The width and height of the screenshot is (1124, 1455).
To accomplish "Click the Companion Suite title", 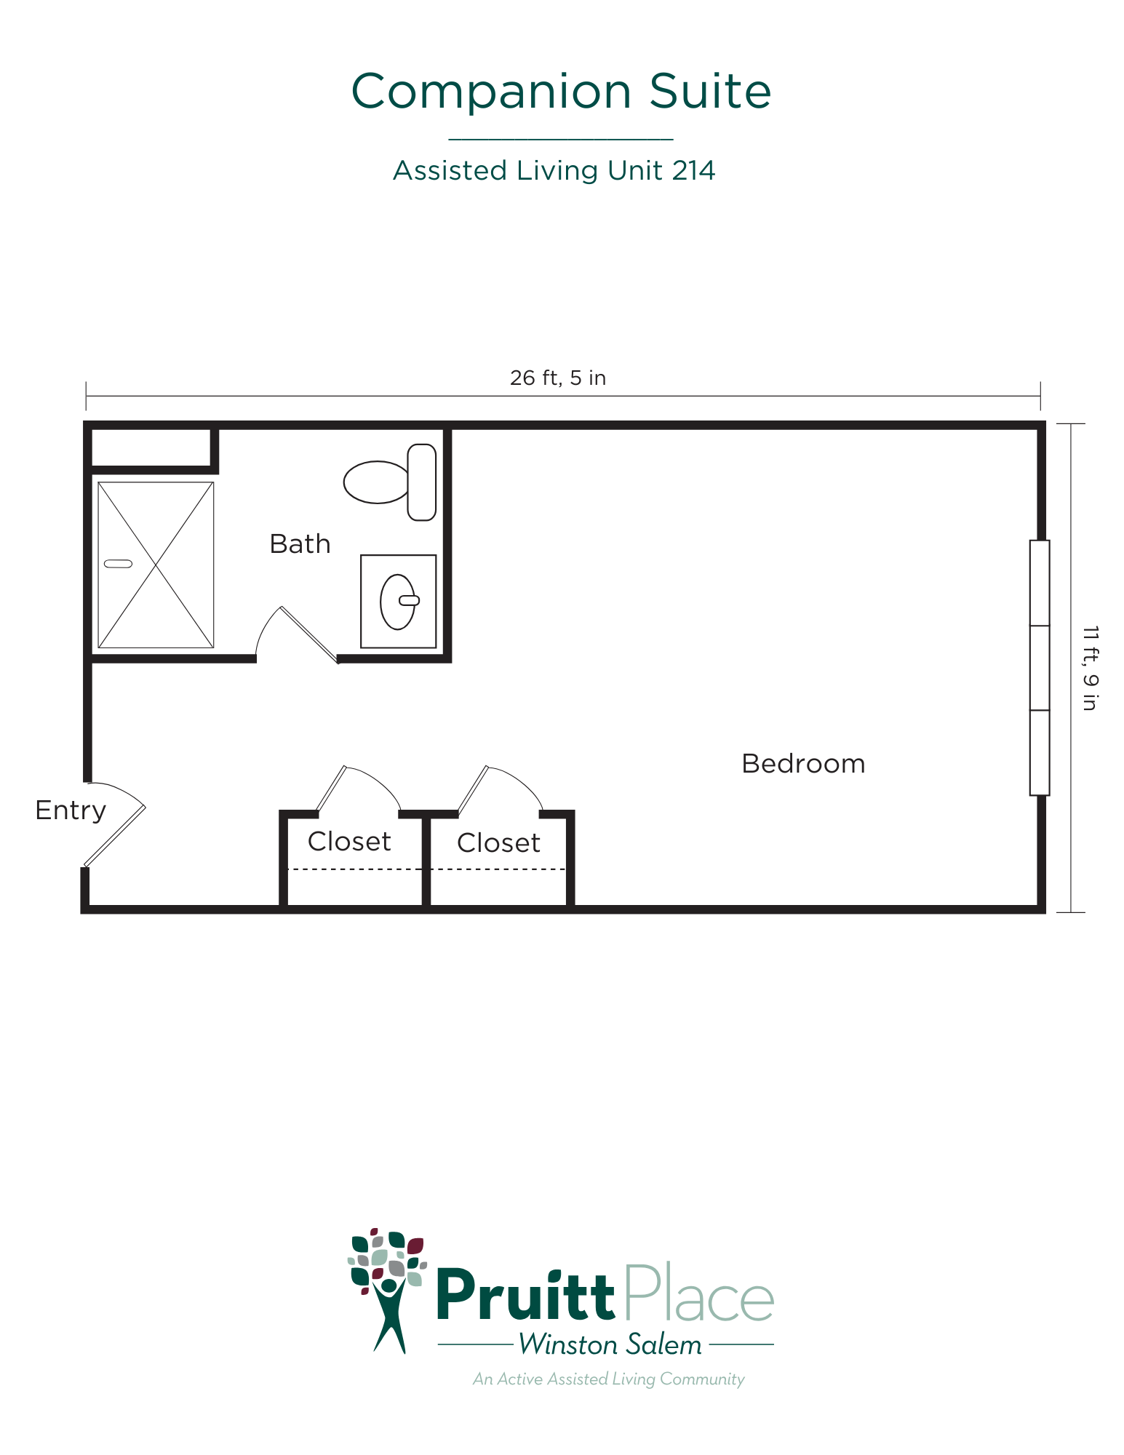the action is (x=561, y=92).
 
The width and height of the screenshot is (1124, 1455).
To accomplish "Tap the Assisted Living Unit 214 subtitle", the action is (x=554, y=170).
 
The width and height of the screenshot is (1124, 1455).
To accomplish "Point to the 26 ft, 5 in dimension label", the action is (x=558, y=378).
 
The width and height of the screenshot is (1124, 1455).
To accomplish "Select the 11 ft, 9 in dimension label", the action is (x=1089, y=668).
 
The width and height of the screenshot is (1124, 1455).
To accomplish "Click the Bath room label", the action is (x=300, y=544).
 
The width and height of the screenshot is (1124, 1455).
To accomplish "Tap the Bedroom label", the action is (x=803, y=764).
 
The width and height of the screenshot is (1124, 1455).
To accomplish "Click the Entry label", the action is (x=71, y=810).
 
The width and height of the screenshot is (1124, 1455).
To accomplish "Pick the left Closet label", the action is (x=349, y=842).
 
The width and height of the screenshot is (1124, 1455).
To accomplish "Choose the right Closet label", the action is (x=498, y=843).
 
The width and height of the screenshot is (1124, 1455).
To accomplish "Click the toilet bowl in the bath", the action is (x=375, y=482).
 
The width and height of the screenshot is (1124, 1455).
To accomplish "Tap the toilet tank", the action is (x=422, y=482).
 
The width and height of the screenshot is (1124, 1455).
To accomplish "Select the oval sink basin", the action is (x=397, y=602).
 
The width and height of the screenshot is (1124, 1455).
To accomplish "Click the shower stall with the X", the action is (x=156, y=565).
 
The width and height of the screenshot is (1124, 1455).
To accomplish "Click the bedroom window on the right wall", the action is (x=1040, y=668).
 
